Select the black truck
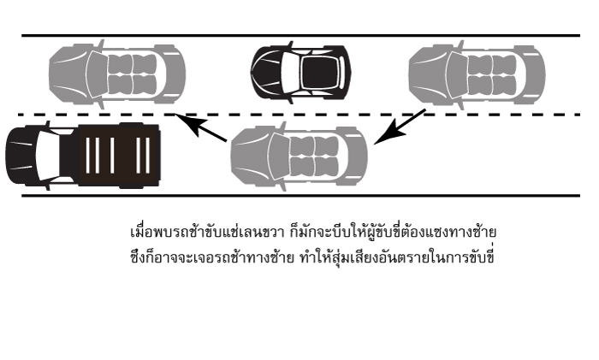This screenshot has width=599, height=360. pyautogui.click(x=83, y=155)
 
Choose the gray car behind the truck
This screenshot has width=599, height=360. pyautogui.click(x=299, y=156)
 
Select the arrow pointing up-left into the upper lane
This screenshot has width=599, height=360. pyautogui.click(x=206, y=128)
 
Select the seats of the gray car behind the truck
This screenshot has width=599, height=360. pyautogui.click(x=311, y=156)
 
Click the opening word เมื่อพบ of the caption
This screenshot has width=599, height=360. pyautogui.click(x=146, y=233)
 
